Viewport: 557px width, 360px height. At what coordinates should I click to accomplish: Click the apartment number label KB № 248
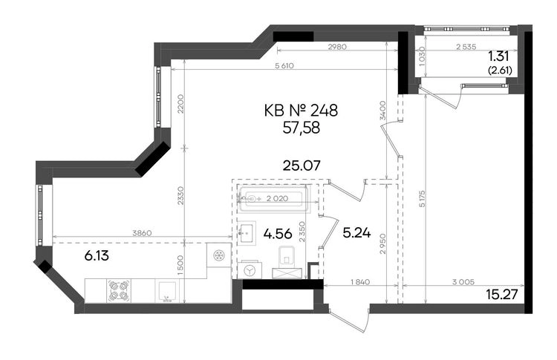[301, 111]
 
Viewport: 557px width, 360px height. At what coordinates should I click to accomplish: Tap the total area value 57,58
[302, 128]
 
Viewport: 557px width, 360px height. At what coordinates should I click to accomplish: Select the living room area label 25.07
[302, 166]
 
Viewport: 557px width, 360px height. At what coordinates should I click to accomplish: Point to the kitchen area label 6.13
[97, 255]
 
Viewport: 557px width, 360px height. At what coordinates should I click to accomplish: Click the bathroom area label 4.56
[278, 234]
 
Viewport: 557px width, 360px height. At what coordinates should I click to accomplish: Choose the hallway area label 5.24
[356, 233]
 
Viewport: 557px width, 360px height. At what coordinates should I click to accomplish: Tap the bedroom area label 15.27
[501, 295]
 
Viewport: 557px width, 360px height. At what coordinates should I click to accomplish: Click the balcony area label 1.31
[498, 56]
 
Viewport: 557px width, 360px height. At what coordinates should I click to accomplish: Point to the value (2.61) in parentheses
[500, 71]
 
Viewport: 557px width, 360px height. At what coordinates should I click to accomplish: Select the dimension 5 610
[284, 65]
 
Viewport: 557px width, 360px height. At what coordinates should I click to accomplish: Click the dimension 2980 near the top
[336, 47]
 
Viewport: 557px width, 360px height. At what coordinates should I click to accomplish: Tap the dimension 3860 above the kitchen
[142, 233]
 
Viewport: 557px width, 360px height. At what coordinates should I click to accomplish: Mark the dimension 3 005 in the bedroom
[463, 282]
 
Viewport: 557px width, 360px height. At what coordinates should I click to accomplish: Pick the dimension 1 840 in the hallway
[360, 282]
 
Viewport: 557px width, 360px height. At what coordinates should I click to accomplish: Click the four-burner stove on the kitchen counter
[119, 290]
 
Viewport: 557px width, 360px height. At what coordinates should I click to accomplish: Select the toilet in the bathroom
[287, 256]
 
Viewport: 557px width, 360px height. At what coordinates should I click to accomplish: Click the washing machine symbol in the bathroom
[250, 270]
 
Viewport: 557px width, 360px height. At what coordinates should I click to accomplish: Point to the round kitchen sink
[218, 255]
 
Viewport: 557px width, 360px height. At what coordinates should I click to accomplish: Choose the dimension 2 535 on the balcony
[466, 47]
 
